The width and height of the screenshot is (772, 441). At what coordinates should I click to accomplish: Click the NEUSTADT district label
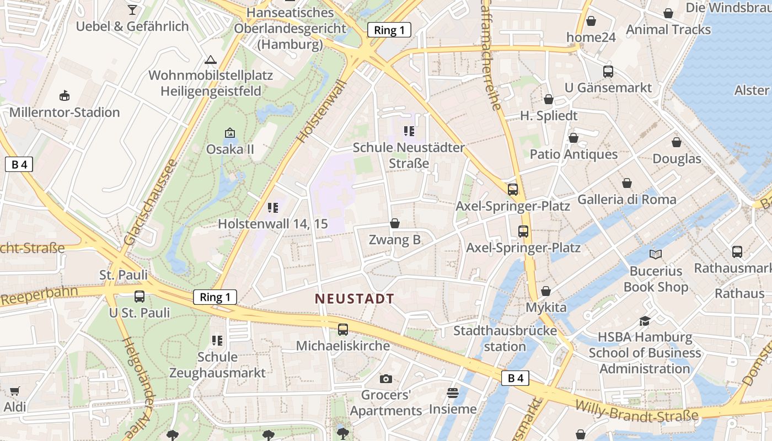354,299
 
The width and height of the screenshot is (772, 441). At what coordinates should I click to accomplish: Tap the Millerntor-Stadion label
65,112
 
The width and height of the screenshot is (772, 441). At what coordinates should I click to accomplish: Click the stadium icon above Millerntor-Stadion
65,95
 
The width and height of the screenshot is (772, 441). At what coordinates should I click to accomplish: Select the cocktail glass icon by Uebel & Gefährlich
132,9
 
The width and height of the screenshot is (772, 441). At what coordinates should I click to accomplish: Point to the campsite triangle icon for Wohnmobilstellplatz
210,60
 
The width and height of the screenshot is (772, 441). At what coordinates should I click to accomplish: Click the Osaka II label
230,149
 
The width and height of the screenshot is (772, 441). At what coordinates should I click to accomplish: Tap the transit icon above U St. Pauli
140,296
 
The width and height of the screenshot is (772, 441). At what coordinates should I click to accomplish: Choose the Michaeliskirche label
343,346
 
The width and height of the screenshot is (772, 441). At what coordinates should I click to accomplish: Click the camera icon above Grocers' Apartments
386,379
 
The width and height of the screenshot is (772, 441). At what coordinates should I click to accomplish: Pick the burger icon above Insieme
453,392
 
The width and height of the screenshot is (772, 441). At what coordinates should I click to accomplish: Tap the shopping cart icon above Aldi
15,391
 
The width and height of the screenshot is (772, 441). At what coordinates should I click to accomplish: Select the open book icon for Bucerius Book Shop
656,254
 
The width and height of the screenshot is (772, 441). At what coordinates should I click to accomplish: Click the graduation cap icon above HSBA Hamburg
645,321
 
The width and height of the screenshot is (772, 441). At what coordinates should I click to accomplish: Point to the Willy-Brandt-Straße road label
636,410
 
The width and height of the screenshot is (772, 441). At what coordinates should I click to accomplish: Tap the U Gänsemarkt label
608,88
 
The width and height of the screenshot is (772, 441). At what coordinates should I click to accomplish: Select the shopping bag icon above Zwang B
395,223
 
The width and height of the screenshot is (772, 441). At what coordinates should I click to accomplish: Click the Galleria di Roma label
626,199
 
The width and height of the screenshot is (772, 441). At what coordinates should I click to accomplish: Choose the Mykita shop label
546,307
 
